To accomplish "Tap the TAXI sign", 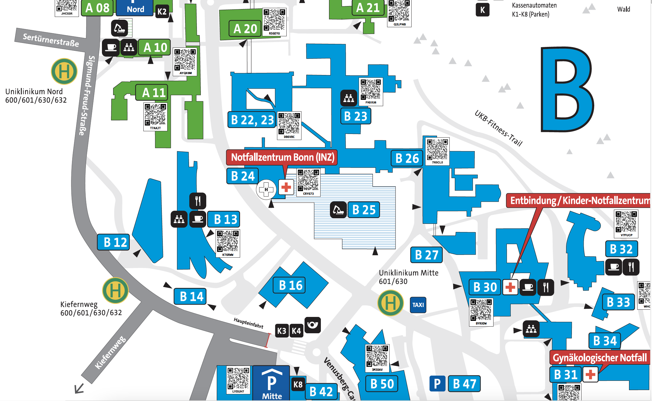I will click(x=418, y=305).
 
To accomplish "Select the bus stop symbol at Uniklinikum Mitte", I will click(x=390, y=303).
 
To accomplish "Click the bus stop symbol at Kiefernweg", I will click(x=115, y=290).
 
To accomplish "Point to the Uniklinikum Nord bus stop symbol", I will click(x=64, y=71).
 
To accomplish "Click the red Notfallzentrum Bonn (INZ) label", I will click(x=282, y=157).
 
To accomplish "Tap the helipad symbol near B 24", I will click(x=266, y=190).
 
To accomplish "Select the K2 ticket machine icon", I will click(x=162, y=12).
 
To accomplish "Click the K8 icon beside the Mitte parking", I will click(x=298, y=384).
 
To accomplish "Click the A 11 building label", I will click(x=154, y=93).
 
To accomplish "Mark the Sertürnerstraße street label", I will click(x=51, y=40).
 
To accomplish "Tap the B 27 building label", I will click(x=426, y=255).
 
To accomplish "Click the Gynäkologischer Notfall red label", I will click(x=599, y=358).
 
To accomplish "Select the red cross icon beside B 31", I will click(x=590, y=375).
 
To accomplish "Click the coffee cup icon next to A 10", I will click(x=111, y=47).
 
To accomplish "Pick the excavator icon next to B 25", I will click(x=338, y=210).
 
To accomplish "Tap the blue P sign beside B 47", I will click(x=437, y=384).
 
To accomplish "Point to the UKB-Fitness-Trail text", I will click(x=498, y=128).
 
